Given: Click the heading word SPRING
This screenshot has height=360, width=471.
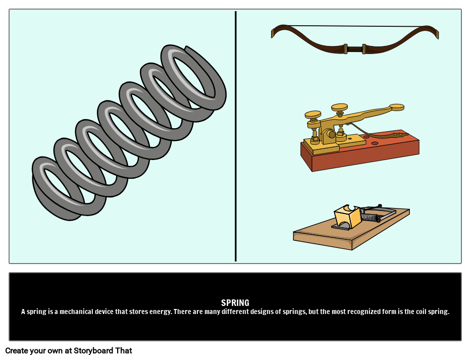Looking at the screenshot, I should click(235, 303).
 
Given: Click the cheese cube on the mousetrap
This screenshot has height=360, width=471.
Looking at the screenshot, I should click(347, 217).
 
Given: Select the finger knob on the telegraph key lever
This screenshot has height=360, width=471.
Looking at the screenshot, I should click(397, 107).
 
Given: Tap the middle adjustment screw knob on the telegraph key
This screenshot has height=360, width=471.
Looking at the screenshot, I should click(339, 107).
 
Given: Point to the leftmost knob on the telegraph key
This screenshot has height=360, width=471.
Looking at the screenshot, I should click(312, 115).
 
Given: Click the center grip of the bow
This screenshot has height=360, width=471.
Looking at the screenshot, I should click(354, 49).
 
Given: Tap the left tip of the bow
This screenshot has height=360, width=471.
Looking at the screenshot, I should click(273, 33).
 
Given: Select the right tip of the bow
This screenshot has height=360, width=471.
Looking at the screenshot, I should click(437, 34).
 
